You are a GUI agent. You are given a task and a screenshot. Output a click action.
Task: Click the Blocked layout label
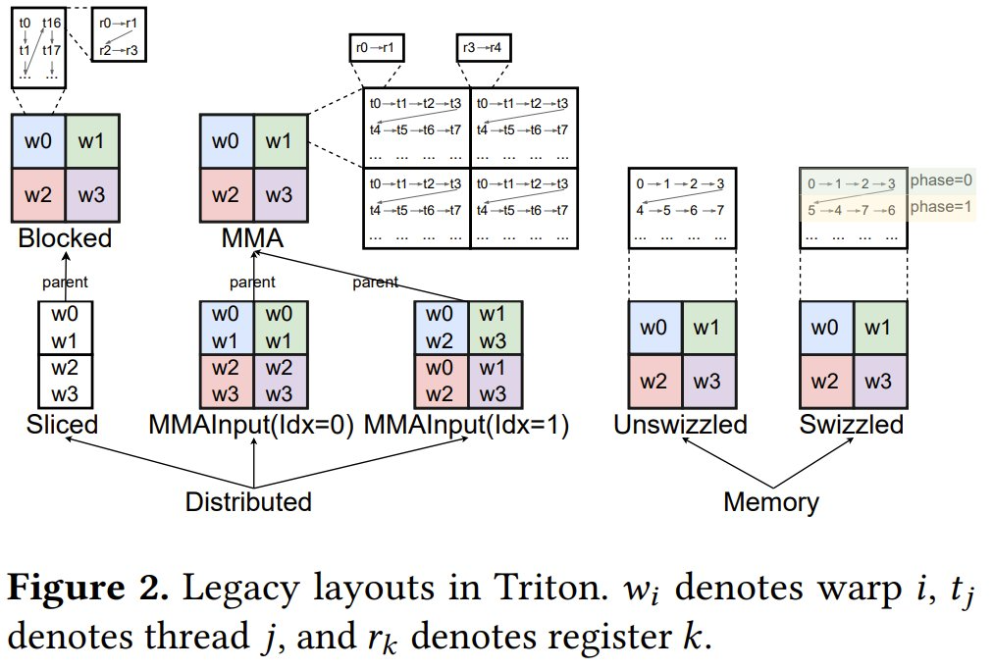coord(65,238)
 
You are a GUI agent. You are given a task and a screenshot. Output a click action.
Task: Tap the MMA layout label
coord(254,238)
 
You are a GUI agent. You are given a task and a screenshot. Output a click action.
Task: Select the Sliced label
coord(63,425)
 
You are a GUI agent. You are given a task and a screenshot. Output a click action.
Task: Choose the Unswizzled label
coord(680,425)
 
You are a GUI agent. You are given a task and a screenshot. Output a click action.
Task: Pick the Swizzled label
coord(852,425)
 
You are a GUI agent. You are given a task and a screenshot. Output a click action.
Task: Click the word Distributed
coord(248,501)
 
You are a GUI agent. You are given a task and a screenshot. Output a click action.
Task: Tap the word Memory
coord(770,502)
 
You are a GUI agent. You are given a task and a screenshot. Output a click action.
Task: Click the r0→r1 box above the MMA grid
coord(376,46)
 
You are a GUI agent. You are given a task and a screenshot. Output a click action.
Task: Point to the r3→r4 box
coord(484,46)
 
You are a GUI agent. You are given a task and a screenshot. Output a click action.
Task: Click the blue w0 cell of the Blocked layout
coord(38,140)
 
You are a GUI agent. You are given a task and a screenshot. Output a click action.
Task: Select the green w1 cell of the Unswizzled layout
coord(707,328)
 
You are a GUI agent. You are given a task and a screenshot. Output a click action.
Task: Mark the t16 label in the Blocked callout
coord(52,23)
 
